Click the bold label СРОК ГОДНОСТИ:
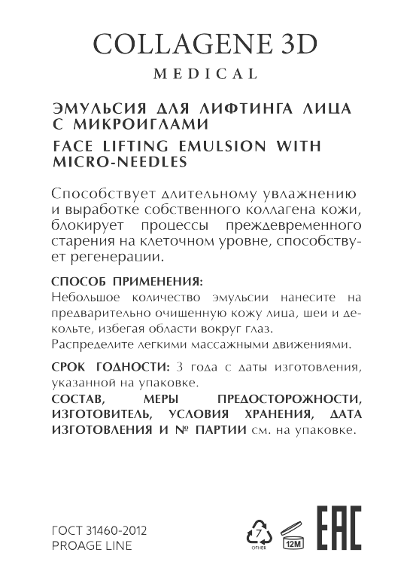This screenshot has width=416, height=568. pyautogui.click(x=111, y=367)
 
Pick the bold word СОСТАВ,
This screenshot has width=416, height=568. pyautogui.click(x=79, y=399)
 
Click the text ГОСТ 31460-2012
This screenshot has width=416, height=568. pyautogui.click(x=99, y=530)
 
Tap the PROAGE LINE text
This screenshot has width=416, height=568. pyautogui.click(x=91, y=545)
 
